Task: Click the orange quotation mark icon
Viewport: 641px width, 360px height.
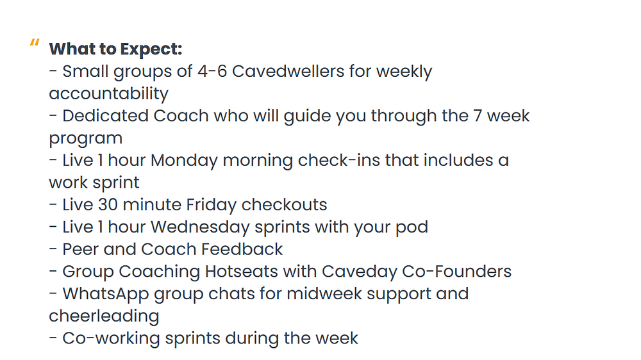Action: tap(35, 42)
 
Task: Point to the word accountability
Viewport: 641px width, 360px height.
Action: tap(109, 94)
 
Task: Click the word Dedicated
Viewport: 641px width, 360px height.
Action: tap(106, 116)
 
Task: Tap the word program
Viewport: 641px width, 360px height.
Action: tap(86, 139)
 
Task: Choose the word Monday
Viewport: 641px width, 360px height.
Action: tap(184, 161)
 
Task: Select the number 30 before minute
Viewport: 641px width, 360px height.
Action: tap(108, 205)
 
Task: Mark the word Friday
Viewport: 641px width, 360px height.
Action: tap(212, 205)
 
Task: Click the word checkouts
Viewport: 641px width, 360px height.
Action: tap(285, 205)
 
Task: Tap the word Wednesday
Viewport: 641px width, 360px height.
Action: tap(200, 227)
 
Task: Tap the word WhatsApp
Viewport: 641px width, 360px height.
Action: tap(106, 295)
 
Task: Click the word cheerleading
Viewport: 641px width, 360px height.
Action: tap(104, 316)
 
